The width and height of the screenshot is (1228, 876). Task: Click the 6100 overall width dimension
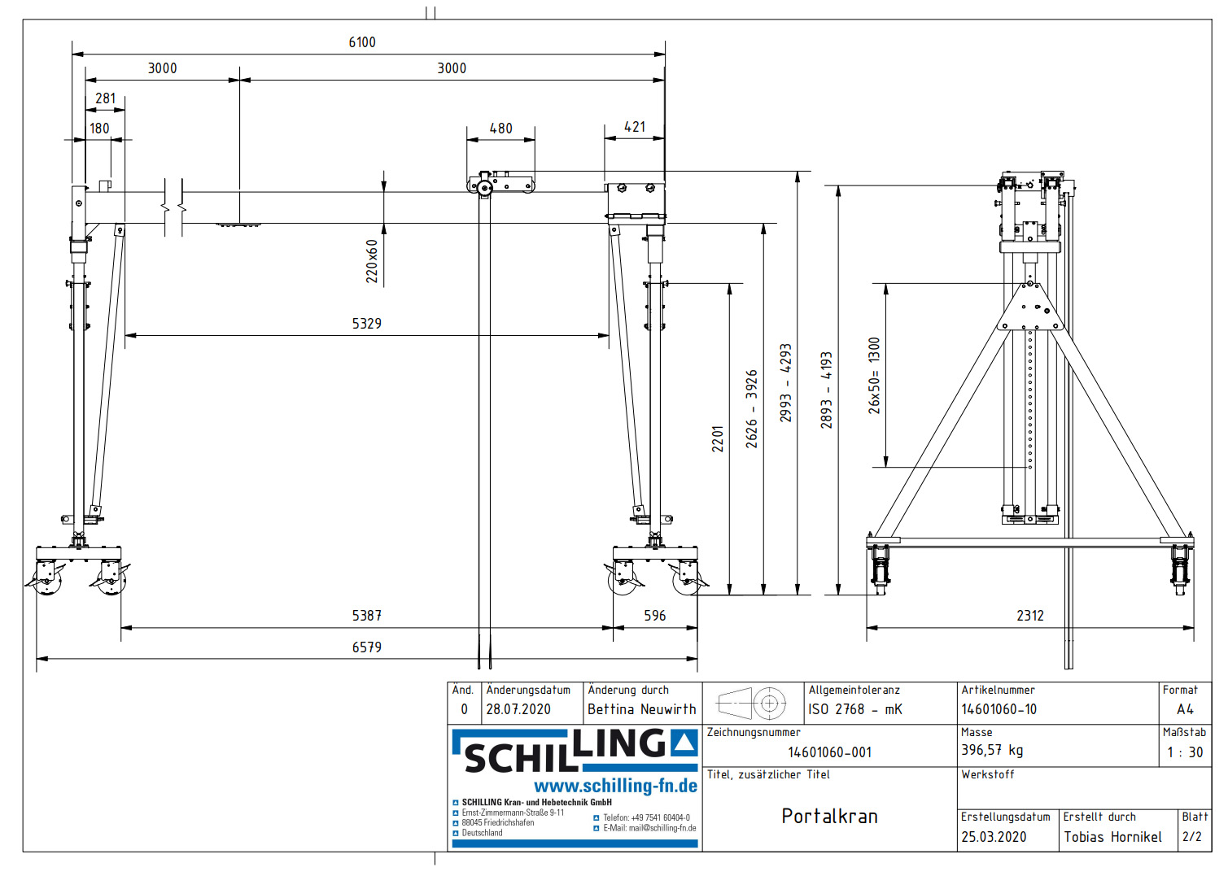click(x=362, y=42)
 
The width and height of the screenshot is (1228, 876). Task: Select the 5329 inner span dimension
click(x=366, y=324)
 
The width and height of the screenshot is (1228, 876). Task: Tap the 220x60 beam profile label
click(x=372, y=261)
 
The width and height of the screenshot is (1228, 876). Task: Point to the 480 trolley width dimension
click(x=500, y=129)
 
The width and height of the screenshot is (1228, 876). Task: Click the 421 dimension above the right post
click(x=635, y=127)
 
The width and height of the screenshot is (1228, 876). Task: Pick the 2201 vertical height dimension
click(x=718, y=439)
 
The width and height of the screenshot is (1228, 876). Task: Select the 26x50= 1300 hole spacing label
click(x=874, y=376)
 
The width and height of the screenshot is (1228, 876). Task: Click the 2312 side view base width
click(x=1029, y=616)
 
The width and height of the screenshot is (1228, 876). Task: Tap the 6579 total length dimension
click(x=366, y=647)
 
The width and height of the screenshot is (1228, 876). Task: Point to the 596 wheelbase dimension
click(x=654, y=616)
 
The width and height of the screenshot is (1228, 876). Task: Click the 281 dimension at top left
click(x=106, y=98)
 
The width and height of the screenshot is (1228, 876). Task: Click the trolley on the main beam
click(x=500, y=183)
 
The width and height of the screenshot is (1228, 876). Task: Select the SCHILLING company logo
click(x=575, y=750)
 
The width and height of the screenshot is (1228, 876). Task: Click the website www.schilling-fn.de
click(x=615, y=786)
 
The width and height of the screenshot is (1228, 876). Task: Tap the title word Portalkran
click(x=829, y=816)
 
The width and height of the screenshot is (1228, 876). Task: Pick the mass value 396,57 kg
click(x=992, y=750)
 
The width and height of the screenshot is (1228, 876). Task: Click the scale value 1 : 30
click(x=1184, y=752)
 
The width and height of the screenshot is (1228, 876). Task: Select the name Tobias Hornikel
click(x=1112, y=837)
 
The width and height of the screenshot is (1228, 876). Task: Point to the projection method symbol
click(x=751, y=703)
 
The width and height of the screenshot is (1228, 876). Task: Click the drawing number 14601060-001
click(x=829, y=752)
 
